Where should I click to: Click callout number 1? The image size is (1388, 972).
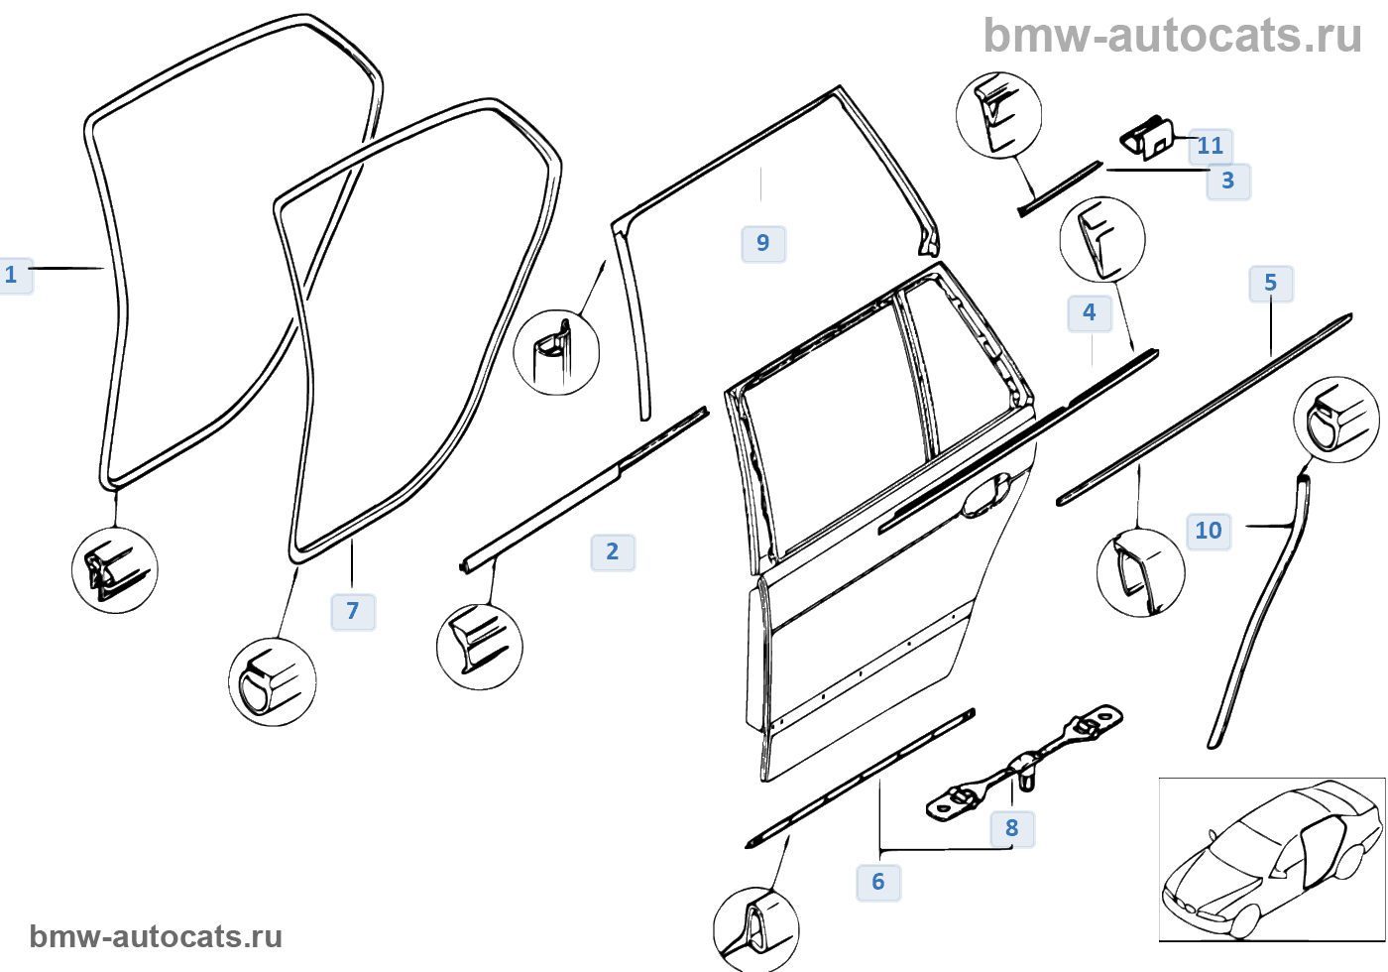(x=13, y=275)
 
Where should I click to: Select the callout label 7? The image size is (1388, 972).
(x=353, y=611)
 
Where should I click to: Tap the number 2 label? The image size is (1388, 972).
(x=613, y=551)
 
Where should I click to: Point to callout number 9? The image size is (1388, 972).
(x=763, y=243)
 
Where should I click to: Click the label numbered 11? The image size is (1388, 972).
(x=1211, y=146)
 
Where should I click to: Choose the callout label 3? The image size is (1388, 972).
(x=1228, y=181)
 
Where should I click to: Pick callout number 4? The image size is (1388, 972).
(x=1090, y=312)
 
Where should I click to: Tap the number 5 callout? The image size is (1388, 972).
(x=1271, y=284)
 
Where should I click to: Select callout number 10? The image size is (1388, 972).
(x=1209, y=531)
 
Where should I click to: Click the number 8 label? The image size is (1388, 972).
(x=1012, y=828)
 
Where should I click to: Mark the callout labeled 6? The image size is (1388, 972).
(x=878, y=882)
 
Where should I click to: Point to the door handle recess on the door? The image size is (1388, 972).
(x=986, y=496)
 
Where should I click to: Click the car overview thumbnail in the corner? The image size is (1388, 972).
(x=1272, y=859)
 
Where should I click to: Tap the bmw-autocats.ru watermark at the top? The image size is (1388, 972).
(x=1173, y=36)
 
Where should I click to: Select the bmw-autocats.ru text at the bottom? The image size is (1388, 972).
(x=156, y=936)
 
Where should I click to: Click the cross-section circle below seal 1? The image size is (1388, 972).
(x=115, y=570)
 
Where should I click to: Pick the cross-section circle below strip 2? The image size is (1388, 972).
(x=480, y=646)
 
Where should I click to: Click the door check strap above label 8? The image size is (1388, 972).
(x=1026, y=764)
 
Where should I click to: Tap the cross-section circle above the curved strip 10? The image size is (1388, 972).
(x=1336, y=420)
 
